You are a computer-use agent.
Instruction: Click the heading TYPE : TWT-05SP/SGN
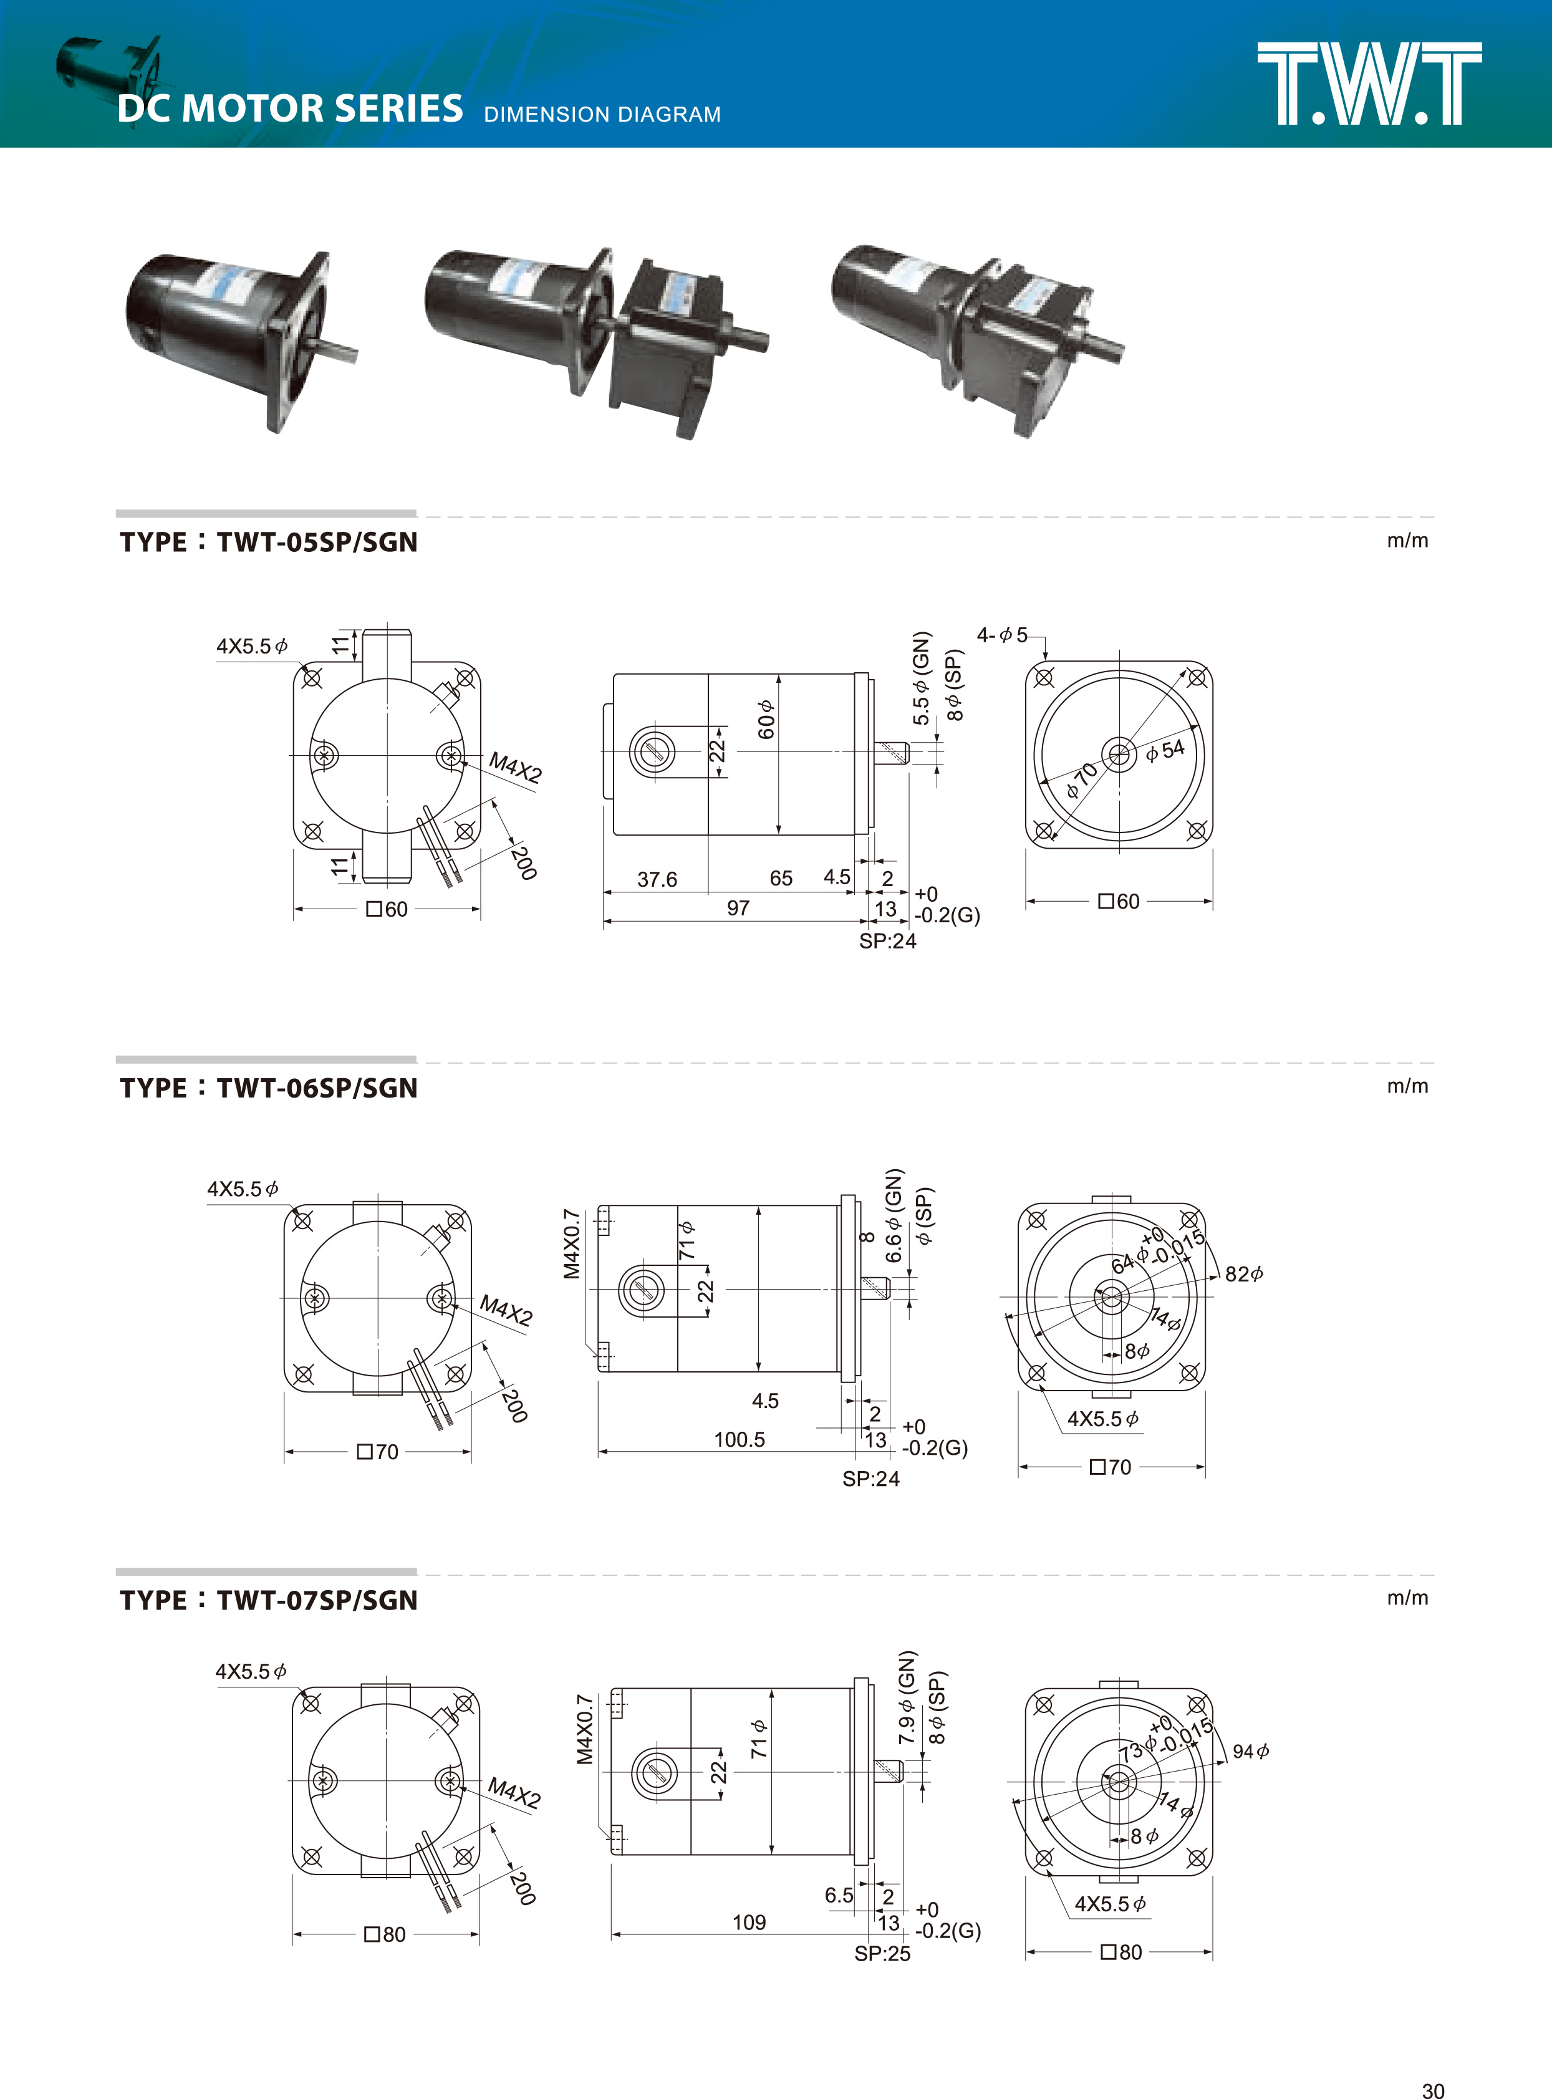pos(269,542)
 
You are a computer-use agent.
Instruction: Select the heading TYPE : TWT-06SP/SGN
pos(269,1088)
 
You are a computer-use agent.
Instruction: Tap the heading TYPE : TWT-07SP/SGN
pos(269,1600)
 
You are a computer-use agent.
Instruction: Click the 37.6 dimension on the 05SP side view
pos(657,879)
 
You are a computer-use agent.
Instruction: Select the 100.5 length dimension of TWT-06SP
pos(740,1439)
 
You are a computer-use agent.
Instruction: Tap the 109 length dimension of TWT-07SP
pos(749,1923)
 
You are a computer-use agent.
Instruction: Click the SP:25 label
pos(882,1953)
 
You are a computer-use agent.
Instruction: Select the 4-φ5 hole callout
pos(1003,636)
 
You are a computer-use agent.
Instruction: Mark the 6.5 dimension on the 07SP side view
pos(839,1895)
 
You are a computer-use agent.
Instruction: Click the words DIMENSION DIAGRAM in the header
pos(602,115)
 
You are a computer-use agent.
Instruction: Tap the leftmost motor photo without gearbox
pos(239,335)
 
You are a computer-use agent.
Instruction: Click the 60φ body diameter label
pos(766,720)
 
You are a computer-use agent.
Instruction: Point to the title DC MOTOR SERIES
pos(291,109)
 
